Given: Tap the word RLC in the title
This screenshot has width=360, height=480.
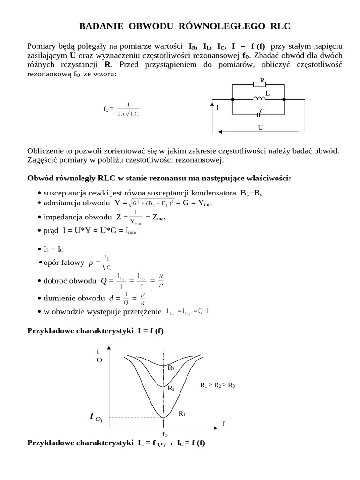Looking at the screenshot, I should click(x=280, y=26).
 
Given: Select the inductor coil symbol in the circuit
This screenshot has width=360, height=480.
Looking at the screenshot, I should click(x=259, y=98).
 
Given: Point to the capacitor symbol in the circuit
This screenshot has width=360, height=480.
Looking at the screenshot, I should click(x=258, y=113).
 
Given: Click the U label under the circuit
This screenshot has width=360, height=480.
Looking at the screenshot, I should click(x=260, y=127).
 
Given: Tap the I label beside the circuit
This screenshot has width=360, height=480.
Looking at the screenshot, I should click(x=217, y=107).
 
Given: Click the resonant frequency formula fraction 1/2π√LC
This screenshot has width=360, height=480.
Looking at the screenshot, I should click(x=128, y=109).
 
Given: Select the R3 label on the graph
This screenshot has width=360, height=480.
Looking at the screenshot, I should click(x=171, y=368).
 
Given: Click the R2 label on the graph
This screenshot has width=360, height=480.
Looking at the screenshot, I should click(x=171, y=389).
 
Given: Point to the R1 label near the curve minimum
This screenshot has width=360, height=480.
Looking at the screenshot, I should click(x=182, y=414).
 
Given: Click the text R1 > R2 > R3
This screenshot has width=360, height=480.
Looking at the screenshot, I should click(x=217, y=385).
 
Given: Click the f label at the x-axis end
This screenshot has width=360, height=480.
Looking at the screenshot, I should click(x=223, y=424).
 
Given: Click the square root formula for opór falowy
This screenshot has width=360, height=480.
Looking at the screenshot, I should click(x=107, y=263).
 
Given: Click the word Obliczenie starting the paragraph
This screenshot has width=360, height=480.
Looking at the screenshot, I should click(x=46, y=151).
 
